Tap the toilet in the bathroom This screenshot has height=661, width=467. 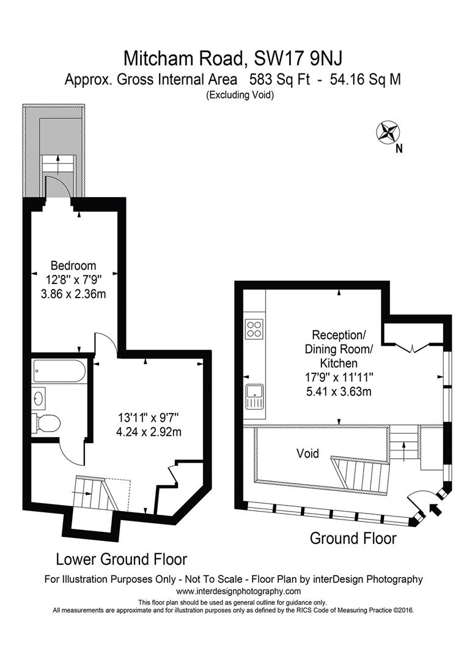click(x=48, y=422)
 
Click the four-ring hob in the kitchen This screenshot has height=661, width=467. click(x=254, y=329)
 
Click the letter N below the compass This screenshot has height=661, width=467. click(x=399, y=148)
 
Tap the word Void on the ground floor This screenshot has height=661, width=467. click(x=308, y=454)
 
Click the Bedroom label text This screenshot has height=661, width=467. click(x=73, y=266)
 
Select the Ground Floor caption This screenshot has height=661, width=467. click(x=353, y=539)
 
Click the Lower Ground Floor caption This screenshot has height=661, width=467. click(x=121, y=559)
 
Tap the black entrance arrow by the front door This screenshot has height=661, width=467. click(x=435, y=509)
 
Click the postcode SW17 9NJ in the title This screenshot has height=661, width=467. click(x=296, y=59)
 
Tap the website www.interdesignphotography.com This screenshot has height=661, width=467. click(x=238, y=591)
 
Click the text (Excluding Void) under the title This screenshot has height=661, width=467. click(x=239, y=95)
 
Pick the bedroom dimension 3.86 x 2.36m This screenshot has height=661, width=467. click(x=73, y=293)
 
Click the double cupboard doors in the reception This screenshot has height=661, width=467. click(x=413, y=348)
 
